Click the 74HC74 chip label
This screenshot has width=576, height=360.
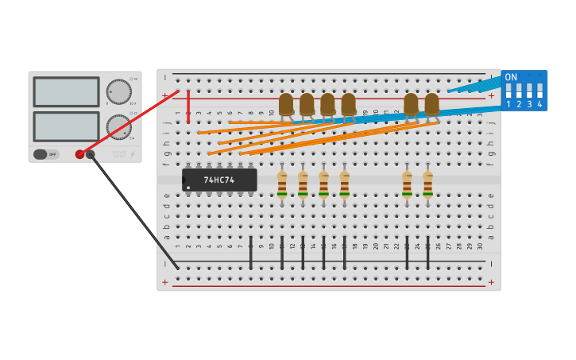(219, 180)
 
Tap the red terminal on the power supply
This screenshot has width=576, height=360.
(79, 154)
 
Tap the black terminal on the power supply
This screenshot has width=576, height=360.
(91, 154)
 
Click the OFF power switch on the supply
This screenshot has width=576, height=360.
(45, 154)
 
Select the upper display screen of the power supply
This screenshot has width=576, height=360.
(66, 91)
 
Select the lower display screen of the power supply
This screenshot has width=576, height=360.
(66, 126)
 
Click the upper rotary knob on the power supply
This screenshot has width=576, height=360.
(118, 91)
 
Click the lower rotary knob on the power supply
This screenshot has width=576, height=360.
(118, 126)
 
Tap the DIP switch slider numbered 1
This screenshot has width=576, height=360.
(509, 91)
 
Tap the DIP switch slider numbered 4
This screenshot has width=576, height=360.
(540, 91)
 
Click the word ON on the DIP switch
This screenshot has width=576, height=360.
(511, 77)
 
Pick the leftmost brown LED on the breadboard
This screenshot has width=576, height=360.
(286, 104)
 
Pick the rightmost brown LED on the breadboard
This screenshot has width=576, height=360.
(431, 104)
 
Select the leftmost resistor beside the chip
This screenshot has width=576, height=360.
(282, 184)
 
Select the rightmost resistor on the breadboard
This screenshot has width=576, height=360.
(427, 184)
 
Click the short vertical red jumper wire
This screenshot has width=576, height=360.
(188, 106)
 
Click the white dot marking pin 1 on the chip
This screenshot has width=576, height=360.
(187, 188)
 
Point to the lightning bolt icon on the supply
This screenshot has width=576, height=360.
(133, 154)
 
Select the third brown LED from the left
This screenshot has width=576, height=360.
(327, 104)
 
